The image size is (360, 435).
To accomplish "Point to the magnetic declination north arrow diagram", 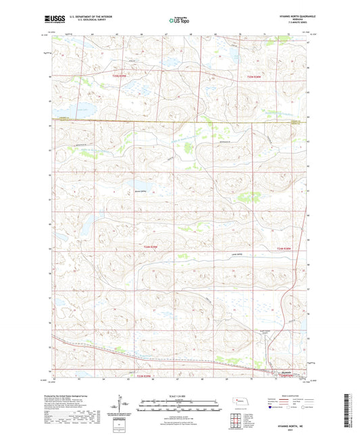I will point(126,407).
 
